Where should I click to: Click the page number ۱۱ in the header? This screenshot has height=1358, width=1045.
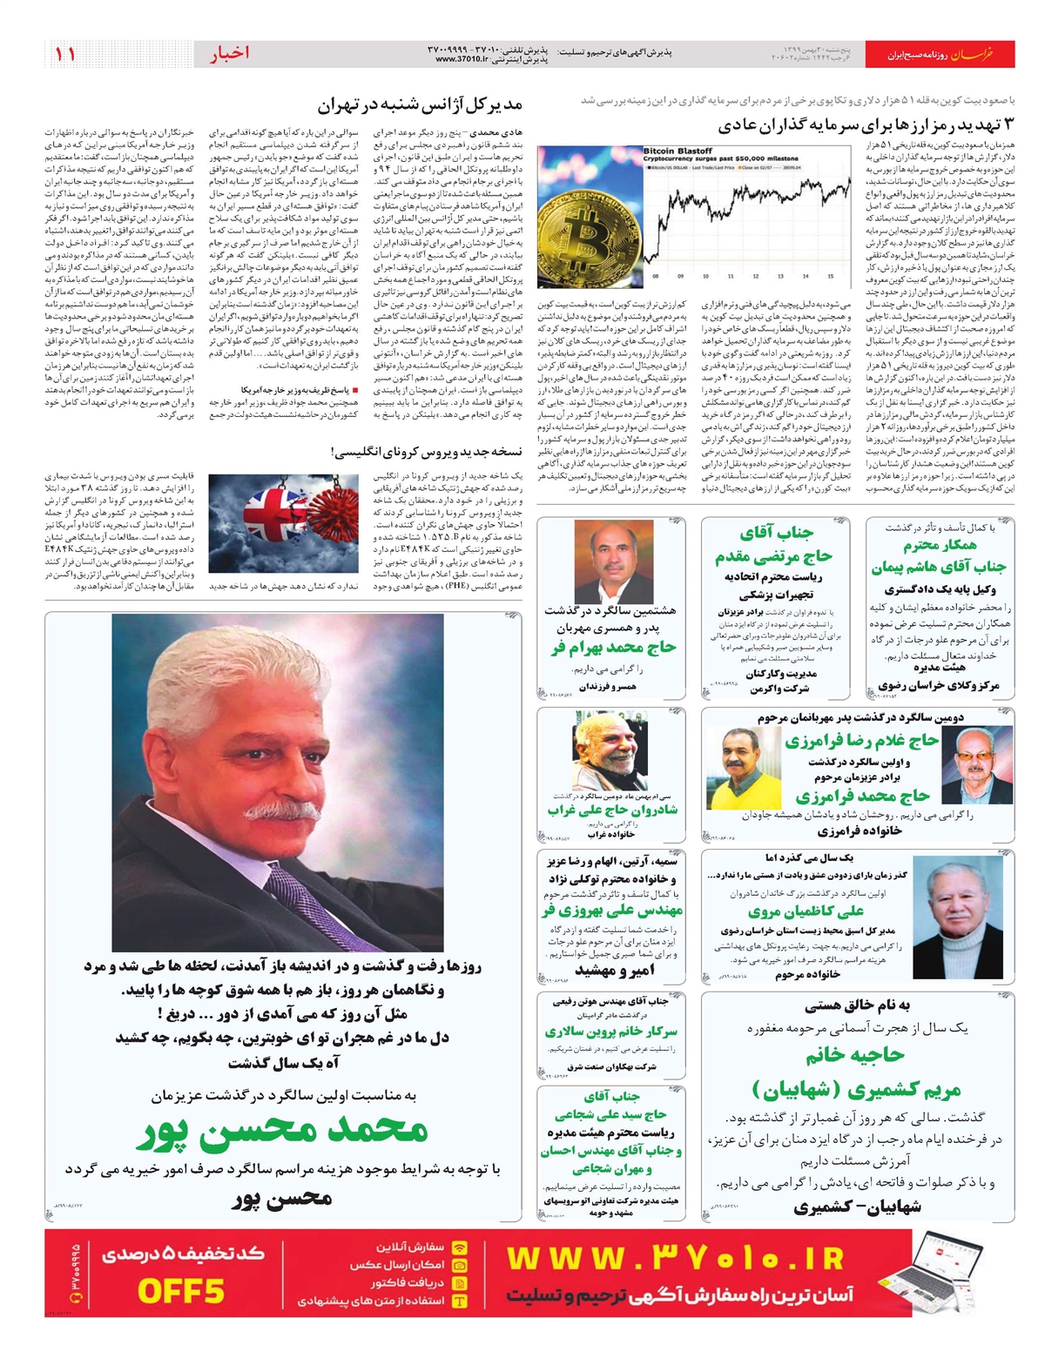(65, 54)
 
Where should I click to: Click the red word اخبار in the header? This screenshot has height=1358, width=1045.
(228, 54)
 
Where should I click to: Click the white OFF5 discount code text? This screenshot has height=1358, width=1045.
(181, 1290)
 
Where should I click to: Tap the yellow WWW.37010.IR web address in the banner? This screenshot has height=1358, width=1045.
(676, 1259)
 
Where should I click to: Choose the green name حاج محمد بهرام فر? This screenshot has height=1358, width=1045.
(601, 648)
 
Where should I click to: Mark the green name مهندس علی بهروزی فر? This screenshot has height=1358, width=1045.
(611, 911)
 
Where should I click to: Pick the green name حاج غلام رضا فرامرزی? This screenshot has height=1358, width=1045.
(861, 741)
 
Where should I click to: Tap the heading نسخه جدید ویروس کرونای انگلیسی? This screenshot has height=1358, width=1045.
(427, 452)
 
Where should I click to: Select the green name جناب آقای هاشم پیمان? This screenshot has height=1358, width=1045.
(939, 567)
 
